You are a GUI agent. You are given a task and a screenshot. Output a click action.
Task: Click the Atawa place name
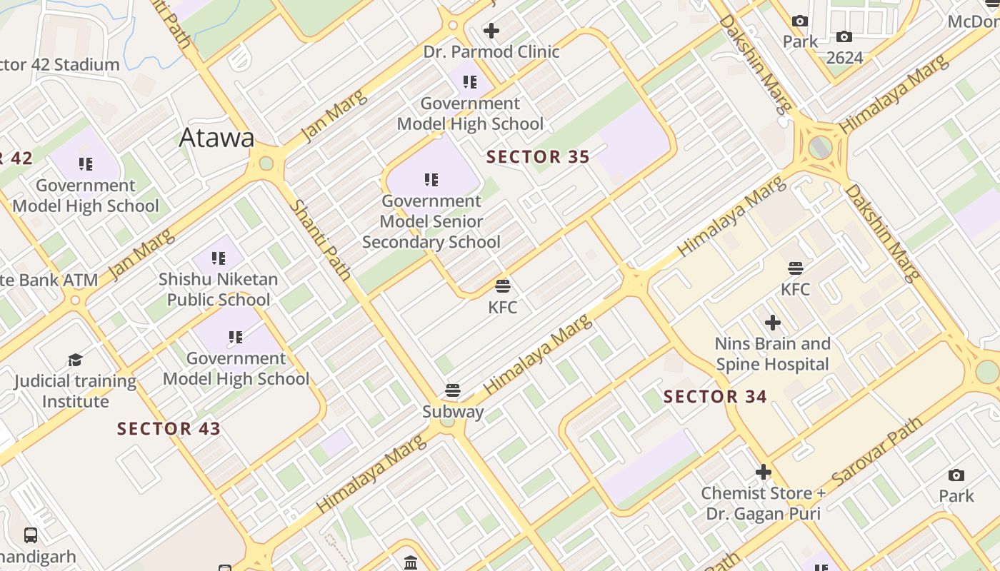pyautogui.click(x=216, y=138)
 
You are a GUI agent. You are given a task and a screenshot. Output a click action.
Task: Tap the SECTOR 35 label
pyautogui.click(x=538, y=157)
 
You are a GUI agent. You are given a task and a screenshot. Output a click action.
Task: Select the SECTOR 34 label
pyautogui.click(x=715, y=397)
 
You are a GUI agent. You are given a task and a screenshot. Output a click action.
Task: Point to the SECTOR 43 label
pyautogui.click(x=169, y=429)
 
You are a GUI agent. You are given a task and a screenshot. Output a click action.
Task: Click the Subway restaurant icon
pyautogui.click(x=452, y=390)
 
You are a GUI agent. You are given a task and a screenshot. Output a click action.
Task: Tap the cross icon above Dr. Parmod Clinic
pyautogui.click(x=491, y=31)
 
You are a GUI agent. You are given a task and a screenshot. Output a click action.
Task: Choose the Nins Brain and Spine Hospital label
pyautogui.click(x=772, y=354)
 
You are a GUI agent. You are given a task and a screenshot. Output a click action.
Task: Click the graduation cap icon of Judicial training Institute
pyautogui.click(x=75, y=360)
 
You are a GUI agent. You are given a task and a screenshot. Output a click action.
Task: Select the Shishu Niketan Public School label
pyautogui.click(x=218, y=289)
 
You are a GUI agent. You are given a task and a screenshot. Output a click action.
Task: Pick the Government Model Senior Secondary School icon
pyautogui.click(x=431, y=179)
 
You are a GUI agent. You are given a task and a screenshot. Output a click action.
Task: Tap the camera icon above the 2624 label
pyautogui.click(x=844, y=37)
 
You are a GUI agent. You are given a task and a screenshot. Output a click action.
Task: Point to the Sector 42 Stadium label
pyautogui.click(x=59, y=65)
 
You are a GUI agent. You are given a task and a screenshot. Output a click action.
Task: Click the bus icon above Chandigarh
pyautogui.click(x=31, y=535)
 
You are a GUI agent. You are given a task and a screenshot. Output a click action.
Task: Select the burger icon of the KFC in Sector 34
pyautogui.click(x=796, y=268)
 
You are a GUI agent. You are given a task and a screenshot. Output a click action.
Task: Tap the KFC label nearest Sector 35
pyautogui.click(x=502, y=308)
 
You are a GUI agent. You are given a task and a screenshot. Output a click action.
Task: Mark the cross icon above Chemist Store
pyautogui.click(x=764, y=472)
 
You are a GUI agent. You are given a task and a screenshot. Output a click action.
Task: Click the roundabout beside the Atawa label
pyautogui.click(x=266, y=163)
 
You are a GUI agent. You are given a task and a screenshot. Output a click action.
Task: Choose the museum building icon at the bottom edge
pyautogui.click(x=411, y=563)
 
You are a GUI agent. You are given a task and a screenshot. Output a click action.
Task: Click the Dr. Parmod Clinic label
pyautogui.click(x=491, y=52)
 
